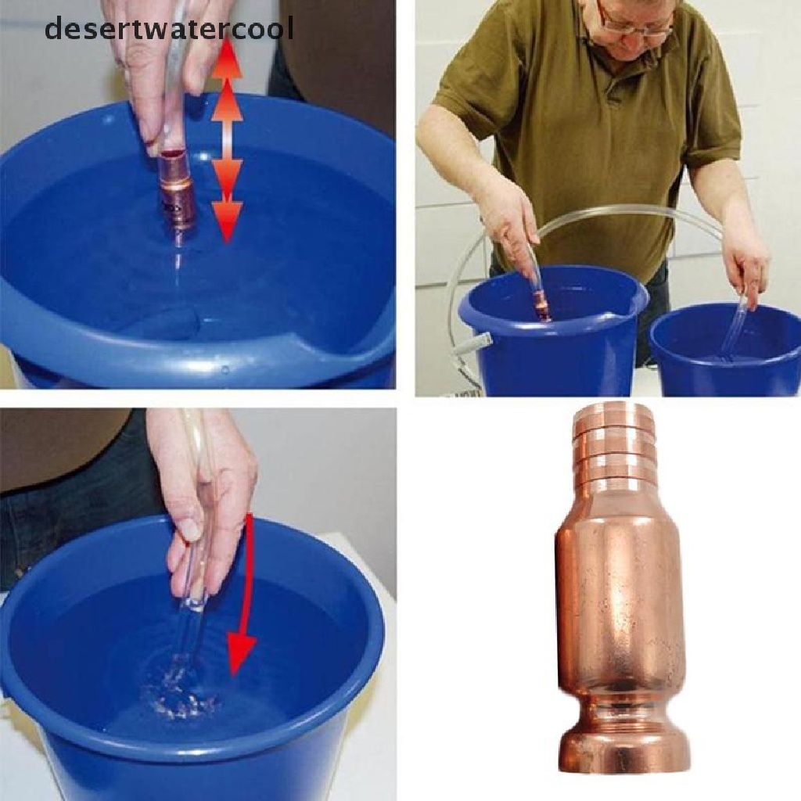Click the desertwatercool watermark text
[x=169, y=29]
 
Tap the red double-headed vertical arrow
[x=227, y=141]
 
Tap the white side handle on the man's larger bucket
[x=477, y=344]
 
